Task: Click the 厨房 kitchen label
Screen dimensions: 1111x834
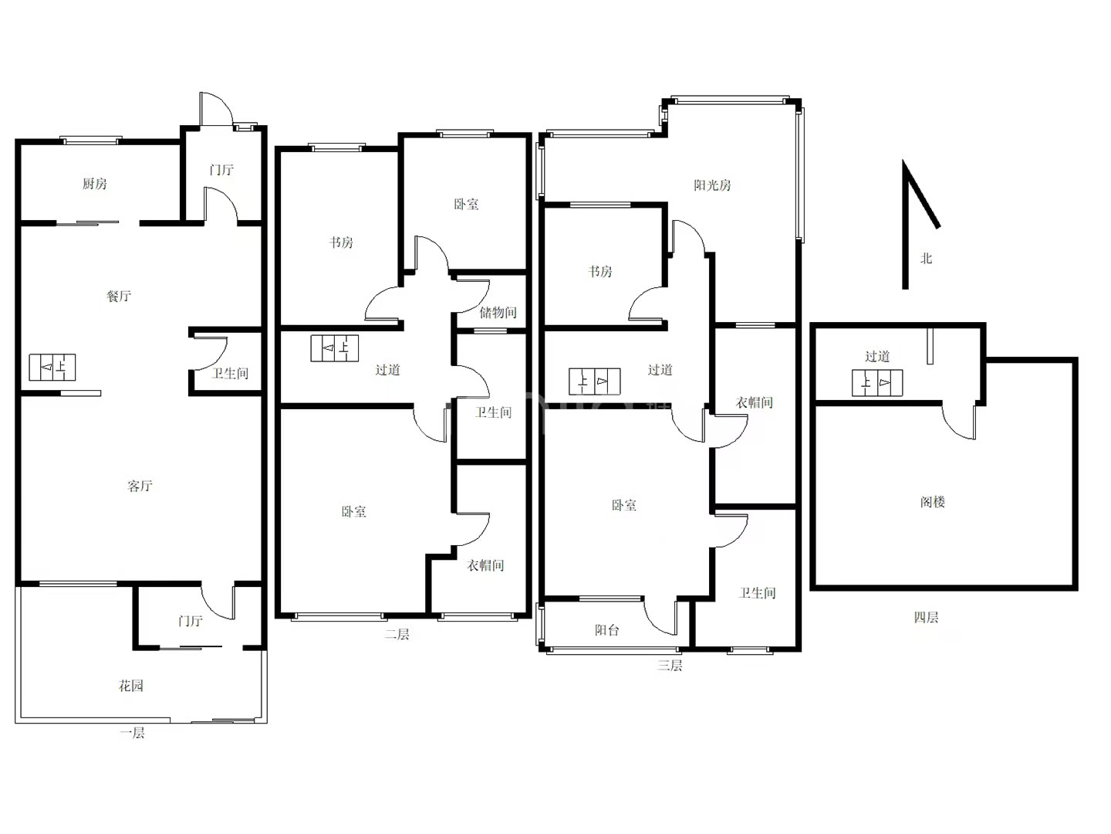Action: [95, 183]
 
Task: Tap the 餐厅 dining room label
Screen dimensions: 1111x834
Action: [119, 296]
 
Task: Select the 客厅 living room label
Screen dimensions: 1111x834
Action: [140, 486]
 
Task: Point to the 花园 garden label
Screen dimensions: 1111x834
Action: [131, 686]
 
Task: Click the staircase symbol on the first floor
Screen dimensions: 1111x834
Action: [52, 367]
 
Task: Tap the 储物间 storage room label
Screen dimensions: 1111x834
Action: [498, 313]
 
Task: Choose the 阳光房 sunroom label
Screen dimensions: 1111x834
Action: [712, 185]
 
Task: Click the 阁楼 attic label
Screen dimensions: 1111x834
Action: [932, 502]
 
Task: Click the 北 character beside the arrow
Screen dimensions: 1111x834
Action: [926, 259]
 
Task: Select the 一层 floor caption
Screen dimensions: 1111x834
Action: [132, 733]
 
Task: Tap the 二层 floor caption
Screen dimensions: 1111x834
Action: [397, 634]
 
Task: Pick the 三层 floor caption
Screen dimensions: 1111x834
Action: [670, 666]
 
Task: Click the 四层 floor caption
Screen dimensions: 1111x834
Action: [927, 617]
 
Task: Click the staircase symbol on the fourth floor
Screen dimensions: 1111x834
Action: [877, 383]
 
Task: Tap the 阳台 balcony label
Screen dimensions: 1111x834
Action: [607, 630]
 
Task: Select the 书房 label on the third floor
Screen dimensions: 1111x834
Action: [599, 272]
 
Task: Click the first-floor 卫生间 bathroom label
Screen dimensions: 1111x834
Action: [230, 374]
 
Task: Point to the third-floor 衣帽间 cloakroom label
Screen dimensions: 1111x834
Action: [754, 402]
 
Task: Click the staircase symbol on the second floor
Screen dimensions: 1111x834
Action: [335, 347]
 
